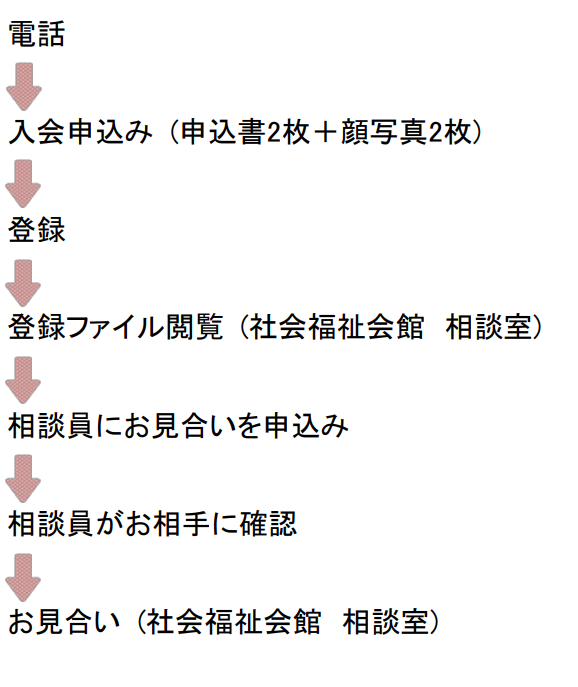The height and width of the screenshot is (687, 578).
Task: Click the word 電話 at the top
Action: tap(37, 34)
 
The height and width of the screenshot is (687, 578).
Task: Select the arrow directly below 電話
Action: tap(24, 87)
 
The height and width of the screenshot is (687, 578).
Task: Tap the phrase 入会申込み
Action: tap(81, 131)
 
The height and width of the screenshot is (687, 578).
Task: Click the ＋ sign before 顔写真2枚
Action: tap(325, 132)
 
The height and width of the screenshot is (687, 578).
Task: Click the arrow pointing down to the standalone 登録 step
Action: tap(23, 184)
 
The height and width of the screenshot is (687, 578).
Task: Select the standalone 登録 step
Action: tap(37, 230)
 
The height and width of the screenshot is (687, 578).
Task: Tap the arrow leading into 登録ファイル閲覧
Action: tap(23, 283)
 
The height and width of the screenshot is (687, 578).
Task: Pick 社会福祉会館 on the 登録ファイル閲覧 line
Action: tap(337, 327)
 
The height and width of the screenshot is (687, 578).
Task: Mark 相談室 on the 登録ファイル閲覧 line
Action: tap(489, 327)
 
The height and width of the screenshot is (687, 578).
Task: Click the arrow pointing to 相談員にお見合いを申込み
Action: tap(23, 380)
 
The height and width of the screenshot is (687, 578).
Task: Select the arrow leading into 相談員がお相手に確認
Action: tap(23, 478)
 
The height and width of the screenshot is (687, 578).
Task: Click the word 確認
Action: tap(268, 524)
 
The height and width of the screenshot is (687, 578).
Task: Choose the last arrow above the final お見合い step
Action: tap(23, 577)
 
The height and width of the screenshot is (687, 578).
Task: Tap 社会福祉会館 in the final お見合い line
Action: tap(234, 622)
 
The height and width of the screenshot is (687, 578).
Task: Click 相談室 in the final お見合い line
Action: tap(386, 622)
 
